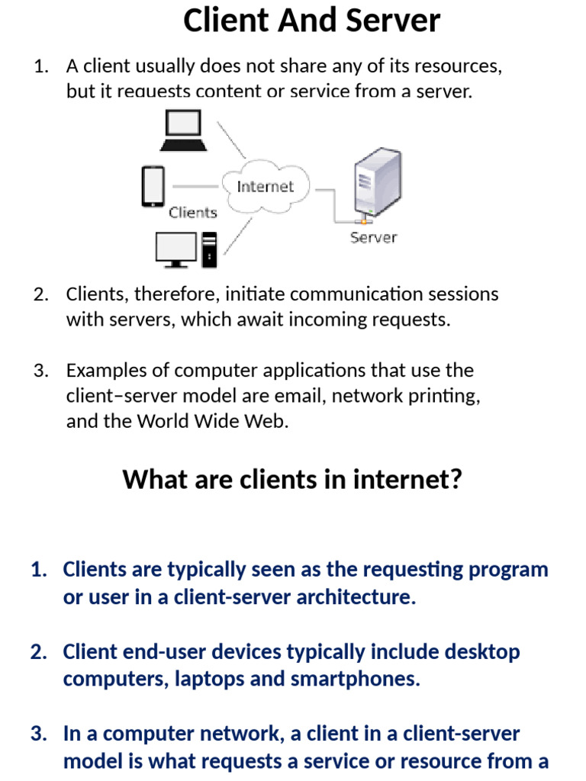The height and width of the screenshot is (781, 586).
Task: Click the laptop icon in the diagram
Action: pos(183,130)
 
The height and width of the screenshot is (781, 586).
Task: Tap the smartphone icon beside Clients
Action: pos(153,186)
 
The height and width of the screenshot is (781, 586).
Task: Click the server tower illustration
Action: pos(378,185)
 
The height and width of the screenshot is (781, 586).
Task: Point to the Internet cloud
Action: pos(266,187)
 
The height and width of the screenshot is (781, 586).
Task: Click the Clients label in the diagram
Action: pos(193,213)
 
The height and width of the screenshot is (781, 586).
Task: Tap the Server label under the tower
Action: pos(373,238)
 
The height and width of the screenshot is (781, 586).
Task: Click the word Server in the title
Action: pos(393,21)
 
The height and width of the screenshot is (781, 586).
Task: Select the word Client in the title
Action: pos(226,21)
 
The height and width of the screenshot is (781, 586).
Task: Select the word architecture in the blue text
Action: pos(356,596)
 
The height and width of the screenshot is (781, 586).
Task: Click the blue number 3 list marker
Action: pos(39,734)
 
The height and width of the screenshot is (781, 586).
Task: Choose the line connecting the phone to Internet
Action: pos(195,187)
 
